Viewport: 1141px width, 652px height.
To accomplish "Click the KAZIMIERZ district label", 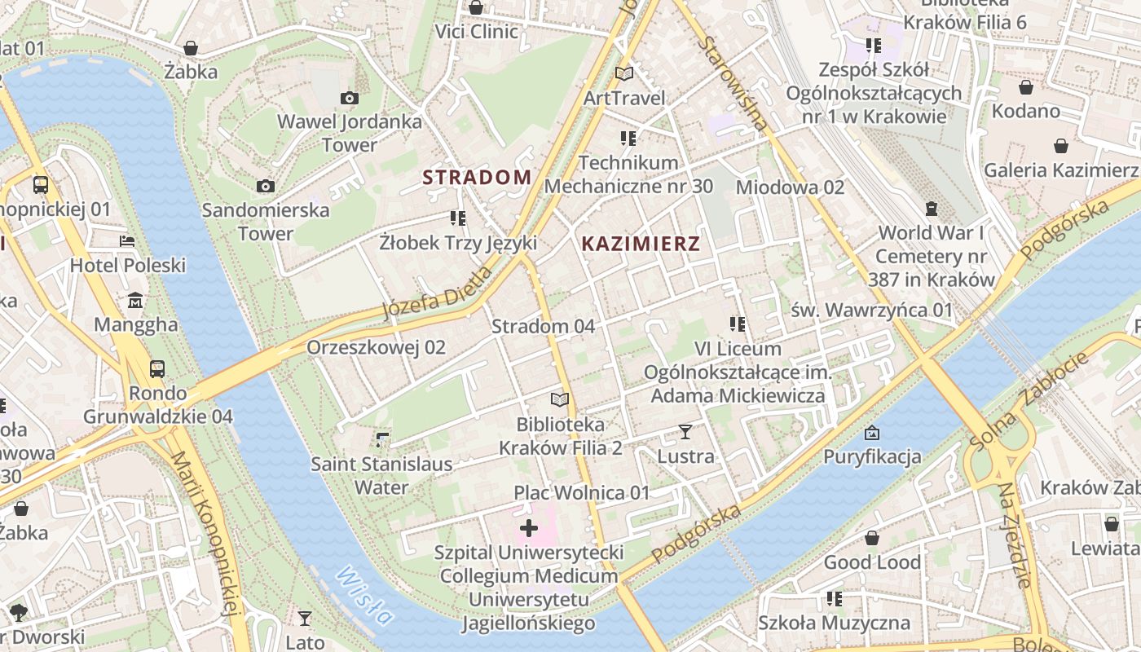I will tap(641, 243).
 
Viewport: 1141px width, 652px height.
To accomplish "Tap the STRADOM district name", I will tap(477, 177).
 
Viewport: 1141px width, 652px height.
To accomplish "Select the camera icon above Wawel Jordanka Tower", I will tap(350, 99).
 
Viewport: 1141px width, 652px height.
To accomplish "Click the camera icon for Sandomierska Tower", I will tap(266, 187).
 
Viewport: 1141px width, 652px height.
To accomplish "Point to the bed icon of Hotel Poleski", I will tap(127, 241).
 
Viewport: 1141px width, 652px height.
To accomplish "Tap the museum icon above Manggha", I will tap(135, 301).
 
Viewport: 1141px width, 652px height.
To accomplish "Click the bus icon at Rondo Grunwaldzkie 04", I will tap(157, 369).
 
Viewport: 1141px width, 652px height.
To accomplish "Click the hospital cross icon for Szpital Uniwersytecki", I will tap(529, 528).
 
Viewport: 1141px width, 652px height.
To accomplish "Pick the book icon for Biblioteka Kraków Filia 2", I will tap(559, 399).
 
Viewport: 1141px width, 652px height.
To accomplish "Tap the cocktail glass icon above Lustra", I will tap(685, 432).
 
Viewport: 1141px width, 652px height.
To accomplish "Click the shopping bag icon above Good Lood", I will tap(872, 538).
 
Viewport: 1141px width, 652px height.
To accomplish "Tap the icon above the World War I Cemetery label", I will tap(932, 209).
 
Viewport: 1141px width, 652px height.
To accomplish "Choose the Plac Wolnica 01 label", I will tap(582, 493).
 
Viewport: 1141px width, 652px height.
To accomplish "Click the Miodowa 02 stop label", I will tap(790, 187).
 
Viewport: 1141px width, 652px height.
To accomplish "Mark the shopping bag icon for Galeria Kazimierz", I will tap(1060, 147).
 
